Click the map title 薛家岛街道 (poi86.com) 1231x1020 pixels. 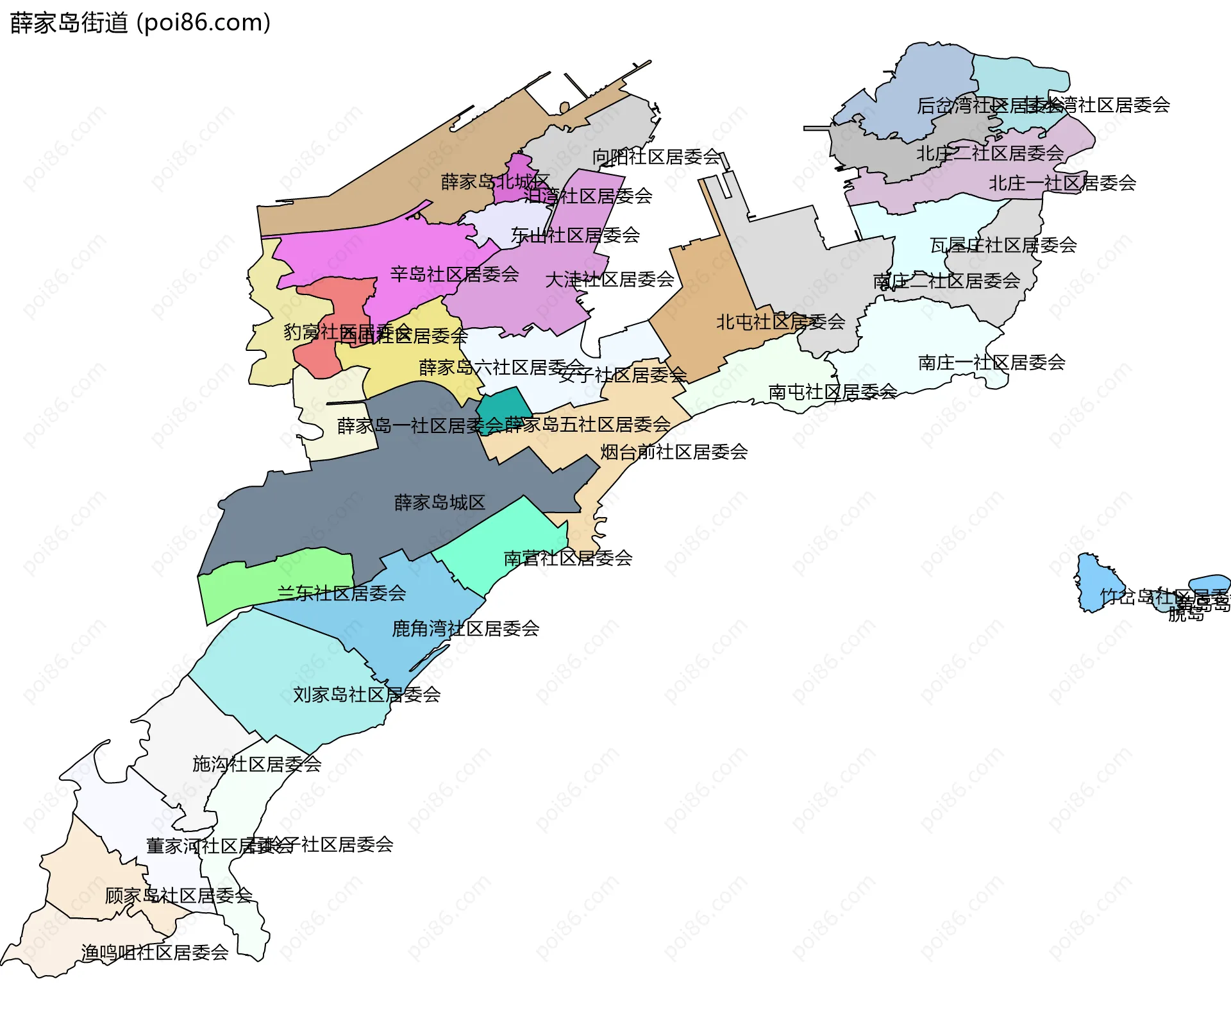tap(140, 23)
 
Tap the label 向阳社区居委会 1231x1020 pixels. tap(657, 157)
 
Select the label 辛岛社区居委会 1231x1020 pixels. tap(455, 275)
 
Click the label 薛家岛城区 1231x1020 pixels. tap(440, 502)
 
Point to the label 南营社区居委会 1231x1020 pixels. tap(568, 558)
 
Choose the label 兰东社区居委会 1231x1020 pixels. tap(342, 593)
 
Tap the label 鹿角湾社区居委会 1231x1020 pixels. tap(465, 629)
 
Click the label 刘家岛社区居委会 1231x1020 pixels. tap(367, 694)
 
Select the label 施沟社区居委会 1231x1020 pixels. tap(256, 764)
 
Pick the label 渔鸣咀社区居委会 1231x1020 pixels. tap(155, 953)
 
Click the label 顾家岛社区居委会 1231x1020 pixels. tap(179, 896)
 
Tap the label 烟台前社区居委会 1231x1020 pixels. tap(674, 452)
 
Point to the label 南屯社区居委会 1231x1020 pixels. tap(832, 392)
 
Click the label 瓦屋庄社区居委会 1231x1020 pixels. tap(1003, 245)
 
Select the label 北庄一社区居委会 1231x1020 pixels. tap(1062, 183)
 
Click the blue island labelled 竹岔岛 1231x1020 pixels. tap(1091, 581)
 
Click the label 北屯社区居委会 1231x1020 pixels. tap(780, 322)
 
